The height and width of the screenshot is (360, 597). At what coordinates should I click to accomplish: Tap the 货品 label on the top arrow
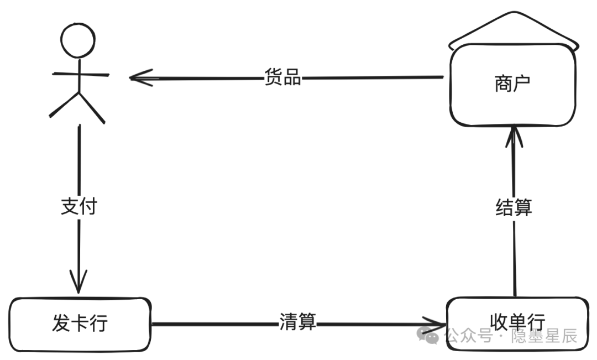pyautogui.click(x=283, y=77)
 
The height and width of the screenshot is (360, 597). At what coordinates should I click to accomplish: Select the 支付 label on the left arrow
pyautogui.click(x=79, y=206)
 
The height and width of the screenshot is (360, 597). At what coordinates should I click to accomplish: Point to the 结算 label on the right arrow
pyautogui.click(x=514, y=207)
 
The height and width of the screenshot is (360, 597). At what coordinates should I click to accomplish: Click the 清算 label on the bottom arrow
pyautogui.click(x=298, y=322)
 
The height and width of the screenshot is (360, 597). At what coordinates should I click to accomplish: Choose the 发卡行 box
pyautogui.click(x=80, y=325)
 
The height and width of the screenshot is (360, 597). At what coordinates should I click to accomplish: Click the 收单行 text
pyautogui.click(x=517, y=322)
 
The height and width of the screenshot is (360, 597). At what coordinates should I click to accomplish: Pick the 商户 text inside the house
pyautogui.click(x=512, y=84)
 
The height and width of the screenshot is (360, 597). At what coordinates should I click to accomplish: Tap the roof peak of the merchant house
pyautogui.click(x=515, y=13)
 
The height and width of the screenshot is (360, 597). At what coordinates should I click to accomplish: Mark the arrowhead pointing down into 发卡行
pyautogui.click(x=78, y=282)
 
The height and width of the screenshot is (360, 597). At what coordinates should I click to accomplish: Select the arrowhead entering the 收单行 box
pyautogui.click(x=434, y=325)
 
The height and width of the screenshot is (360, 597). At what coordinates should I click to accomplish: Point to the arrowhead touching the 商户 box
pyautogui.click(x=514, y=137)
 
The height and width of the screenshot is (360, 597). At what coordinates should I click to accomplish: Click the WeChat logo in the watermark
pyautogui.click(x=428, y=335)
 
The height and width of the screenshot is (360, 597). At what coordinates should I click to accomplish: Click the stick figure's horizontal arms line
pyautogui.click(x=81, y=74)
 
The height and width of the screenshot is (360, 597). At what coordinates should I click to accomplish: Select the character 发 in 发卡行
pyautogui.click(x=61, y=323)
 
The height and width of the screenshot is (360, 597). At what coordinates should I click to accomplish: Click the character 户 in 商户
pyautogui.click(x=522, y=84)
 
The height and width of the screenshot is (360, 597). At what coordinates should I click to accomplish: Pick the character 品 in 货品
pyautogui.click(x=292, y=77)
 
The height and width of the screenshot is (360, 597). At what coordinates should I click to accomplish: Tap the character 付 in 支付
pyautogui.click(x=88, y=206)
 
